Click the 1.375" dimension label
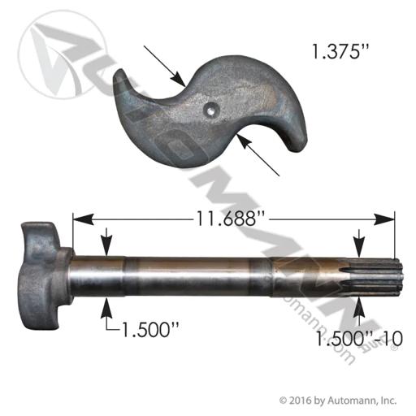point(340,51)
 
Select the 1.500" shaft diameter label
point(150,330)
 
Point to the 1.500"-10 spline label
point(359,338)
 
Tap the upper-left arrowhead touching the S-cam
point(178,79)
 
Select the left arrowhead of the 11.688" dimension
point(83,219)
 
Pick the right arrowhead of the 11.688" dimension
point(384,219)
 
